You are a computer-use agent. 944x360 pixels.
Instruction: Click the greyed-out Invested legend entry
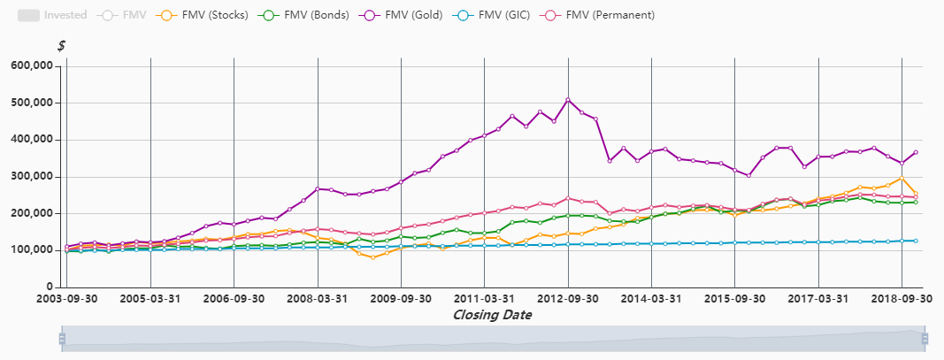point(52,15)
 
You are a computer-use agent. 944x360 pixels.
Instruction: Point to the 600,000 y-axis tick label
point(34,65)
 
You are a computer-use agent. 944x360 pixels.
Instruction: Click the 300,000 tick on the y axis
point(34,177)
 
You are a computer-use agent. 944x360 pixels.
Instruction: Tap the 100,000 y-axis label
point(34,250)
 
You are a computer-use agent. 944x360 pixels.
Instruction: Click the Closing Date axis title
point(492,315)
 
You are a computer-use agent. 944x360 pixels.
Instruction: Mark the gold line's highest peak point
point(568,99)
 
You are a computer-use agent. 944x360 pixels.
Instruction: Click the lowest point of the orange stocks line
point(373,257)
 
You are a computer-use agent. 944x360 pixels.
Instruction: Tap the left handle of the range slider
point(62,338)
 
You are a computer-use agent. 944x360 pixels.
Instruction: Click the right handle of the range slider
point(925,338)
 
